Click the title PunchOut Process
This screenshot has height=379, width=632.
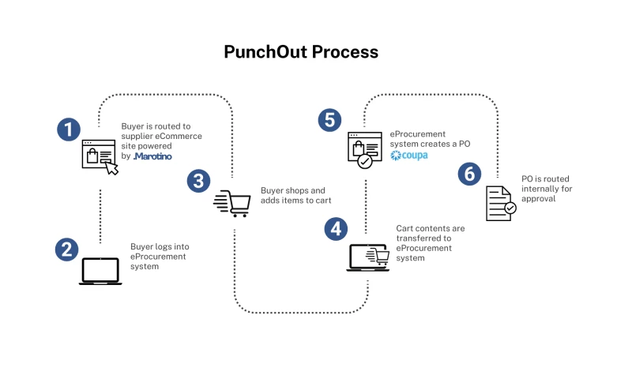coord(301,52)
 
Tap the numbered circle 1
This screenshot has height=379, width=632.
coord(70,129)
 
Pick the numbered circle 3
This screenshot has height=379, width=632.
coord(198,181)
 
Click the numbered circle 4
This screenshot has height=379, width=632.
coord(336,229)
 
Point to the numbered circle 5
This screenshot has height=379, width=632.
coord(329,120)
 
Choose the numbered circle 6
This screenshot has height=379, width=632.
coord(469,174)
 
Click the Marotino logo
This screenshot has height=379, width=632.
coord(152,156)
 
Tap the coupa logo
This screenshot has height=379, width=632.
coord(409,156)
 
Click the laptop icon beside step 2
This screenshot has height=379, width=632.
coord(100,272)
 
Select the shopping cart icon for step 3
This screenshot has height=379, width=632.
coord(232,204)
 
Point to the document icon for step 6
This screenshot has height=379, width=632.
coord(500,203)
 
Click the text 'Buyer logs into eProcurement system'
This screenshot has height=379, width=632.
coord(159,257)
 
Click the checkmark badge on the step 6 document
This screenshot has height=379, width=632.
coord(510,208)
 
